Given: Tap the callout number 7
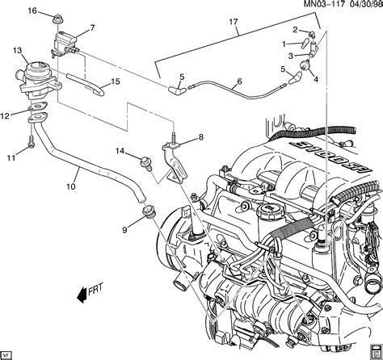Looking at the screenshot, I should (91, 28).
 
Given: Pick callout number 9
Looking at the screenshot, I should (124, 230).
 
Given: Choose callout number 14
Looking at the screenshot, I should (119, 151).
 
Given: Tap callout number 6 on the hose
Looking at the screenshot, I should (239, 82).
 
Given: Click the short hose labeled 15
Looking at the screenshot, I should (84, 80).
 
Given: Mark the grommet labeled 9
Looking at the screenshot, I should (149, 214).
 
